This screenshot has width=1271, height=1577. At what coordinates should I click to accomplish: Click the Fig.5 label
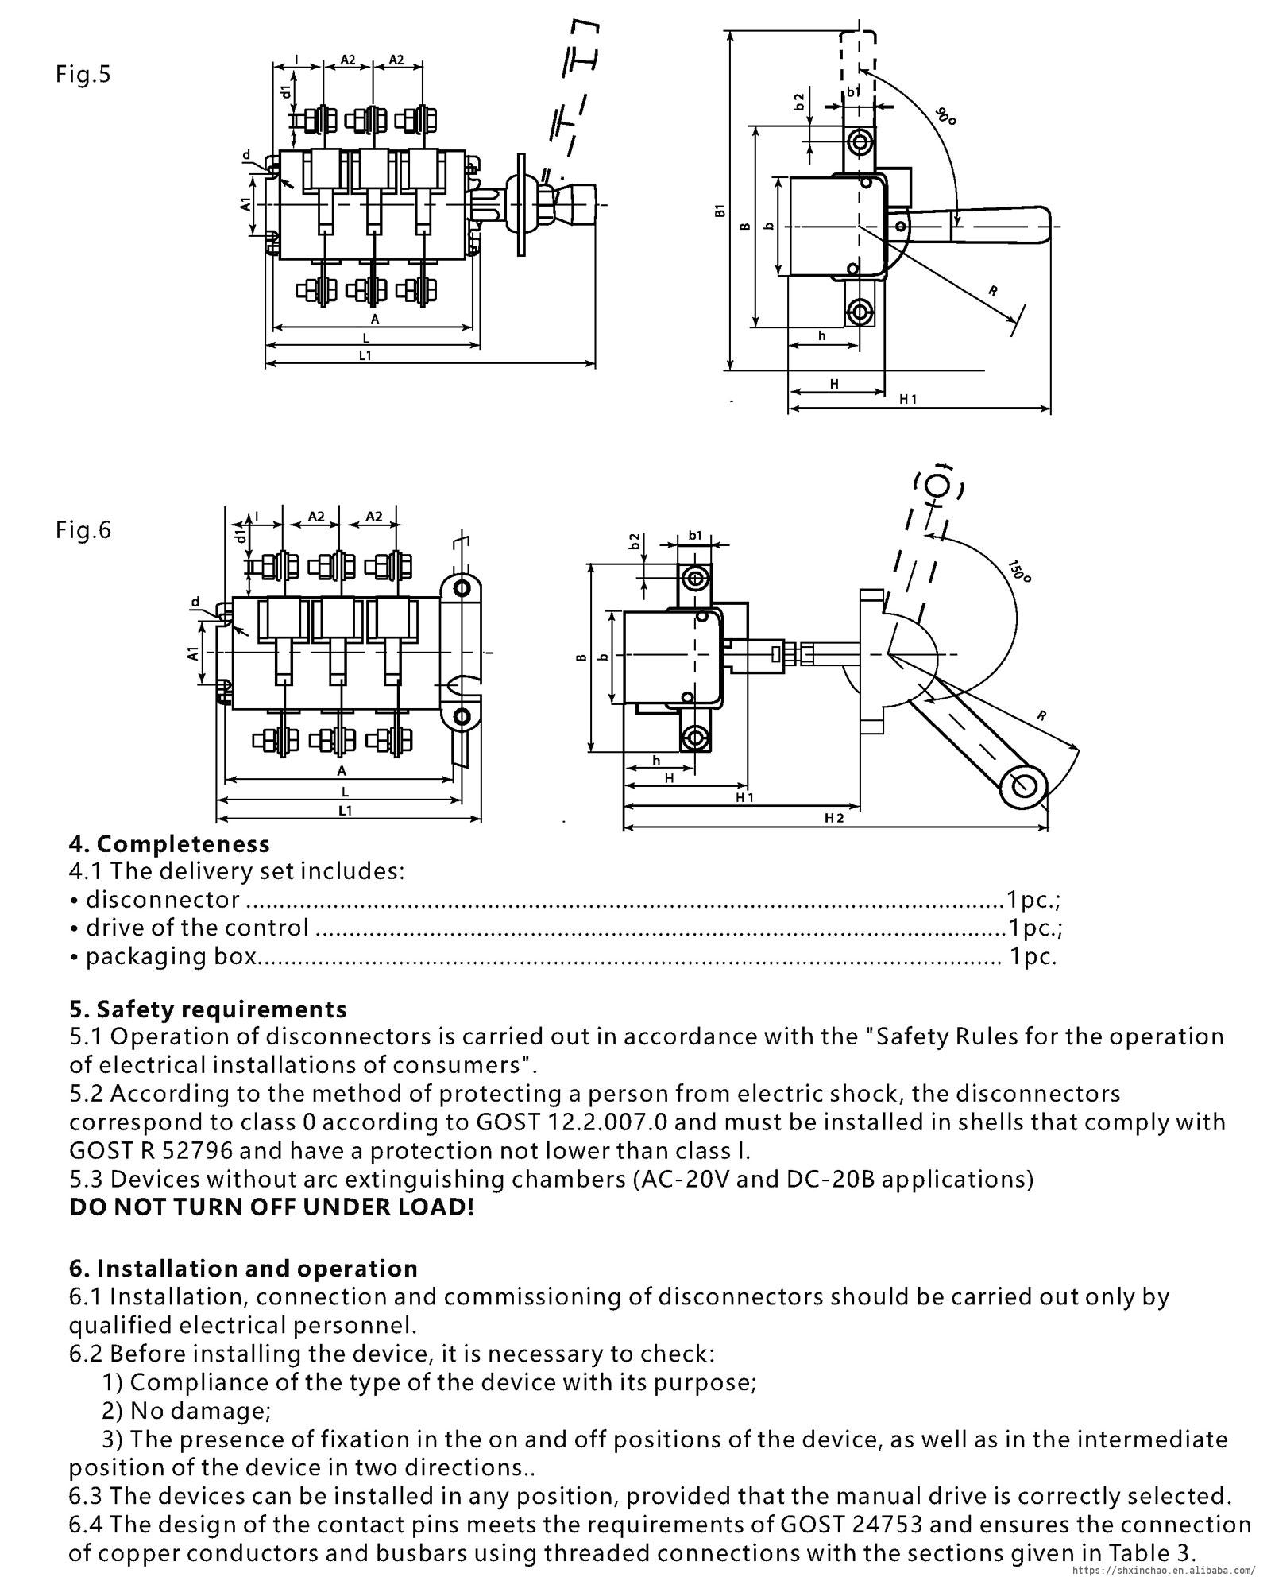tap(83, 75)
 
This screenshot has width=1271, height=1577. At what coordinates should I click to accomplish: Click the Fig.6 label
tap(83, 529)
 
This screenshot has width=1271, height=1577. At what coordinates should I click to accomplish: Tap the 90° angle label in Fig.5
tap(945, 115)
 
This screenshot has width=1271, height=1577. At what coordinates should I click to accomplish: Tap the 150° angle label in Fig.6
tap(1019, 571)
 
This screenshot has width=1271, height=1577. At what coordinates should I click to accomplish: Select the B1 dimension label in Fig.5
tap(720, 210)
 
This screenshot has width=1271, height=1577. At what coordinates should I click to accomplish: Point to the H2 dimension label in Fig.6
tap(834, 818)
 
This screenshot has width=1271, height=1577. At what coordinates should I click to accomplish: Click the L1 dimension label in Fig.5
tap(365, 356)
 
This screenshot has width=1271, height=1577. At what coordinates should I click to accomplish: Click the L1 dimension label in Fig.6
tap(345, 811)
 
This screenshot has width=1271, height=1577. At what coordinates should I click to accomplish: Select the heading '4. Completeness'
tap(170, 844)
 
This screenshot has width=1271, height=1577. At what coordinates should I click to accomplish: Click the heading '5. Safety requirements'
tap(208, 1009)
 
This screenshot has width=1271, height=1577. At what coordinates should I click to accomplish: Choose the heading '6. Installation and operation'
tap(243, 1269)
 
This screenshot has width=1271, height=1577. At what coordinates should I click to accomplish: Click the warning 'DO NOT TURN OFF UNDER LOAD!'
tap(272, 1207)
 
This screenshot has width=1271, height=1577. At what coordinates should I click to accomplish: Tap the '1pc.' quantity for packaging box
tap(1033, 956)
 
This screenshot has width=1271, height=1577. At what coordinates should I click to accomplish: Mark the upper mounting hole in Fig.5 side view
tap(859, 143)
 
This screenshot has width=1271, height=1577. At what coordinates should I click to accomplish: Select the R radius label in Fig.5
tap(993, 291)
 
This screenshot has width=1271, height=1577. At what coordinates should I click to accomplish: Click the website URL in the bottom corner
tap(1165, 1571)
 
